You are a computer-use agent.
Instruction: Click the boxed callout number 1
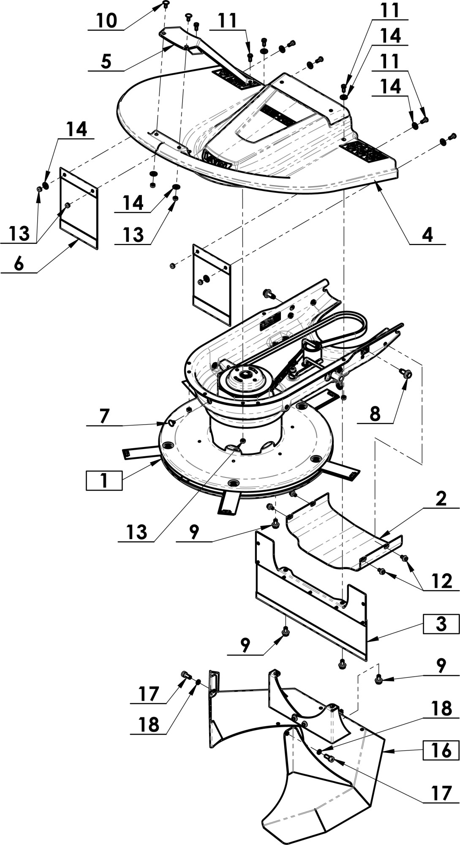coord(104,480)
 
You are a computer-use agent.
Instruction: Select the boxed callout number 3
coord(441,624)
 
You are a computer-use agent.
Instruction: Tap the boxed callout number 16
coord(441,750)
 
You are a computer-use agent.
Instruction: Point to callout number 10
coord(106,20)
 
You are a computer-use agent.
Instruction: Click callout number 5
coord(106,61)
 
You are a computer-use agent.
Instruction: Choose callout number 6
coord(19,264)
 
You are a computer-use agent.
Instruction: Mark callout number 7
coord(104,416)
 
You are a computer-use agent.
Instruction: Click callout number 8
coord(375,414)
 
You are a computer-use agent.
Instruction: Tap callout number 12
coord(442,581)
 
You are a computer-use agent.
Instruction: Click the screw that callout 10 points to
coord(166,5)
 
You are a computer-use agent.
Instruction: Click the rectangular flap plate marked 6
coord(79,208)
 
